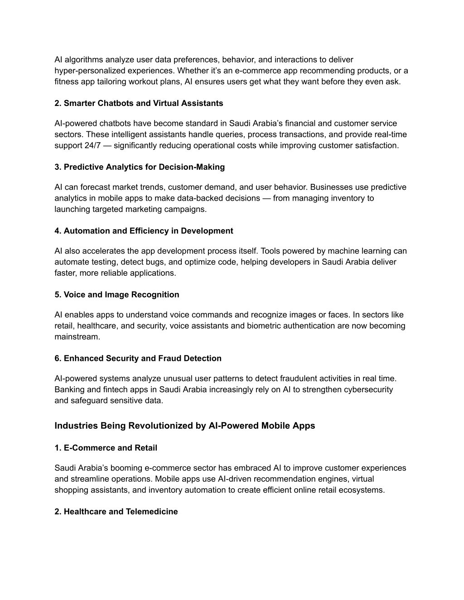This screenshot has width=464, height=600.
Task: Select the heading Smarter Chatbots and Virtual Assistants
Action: tap(139, 103)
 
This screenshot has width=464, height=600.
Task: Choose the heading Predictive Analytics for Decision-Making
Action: tap(140, 167)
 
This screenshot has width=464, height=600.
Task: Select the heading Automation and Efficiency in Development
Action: tap(144, 231)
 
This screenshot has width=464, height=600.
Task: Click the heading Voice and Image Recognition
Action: tap(116, 295)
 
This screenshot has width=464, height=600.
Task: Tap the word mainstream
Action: tap(77, 336)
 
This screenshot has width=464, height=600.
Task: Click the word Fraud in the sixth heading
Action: tap(170, 359)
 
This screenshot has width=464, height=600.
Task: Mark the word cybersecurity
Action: tap(368, 389)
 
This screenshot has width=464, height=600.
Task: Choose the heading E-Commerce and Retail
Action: tap(106, 448)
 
